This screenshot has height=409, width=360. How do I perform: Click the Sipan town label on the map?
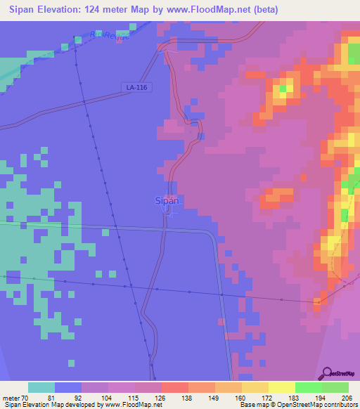point(167,201)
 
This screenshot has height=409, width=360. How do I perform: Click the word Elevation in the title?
point(69,10)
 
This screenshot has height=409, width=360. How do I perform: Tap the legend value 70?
point(27,398)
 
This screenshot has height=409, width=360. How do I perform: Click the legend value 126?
point(161,398)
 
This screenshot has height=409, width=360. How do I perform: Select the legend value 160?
point(241,398)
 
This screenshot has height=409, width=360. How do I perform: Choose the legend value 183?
point(295,398)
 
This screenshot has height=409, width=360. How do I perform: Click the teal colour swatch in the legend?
point(41,387)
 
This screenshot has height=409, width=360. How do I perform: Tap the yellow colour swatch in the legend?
point(281,387)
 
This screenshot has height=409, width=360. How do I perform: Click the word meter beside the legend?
point(12,398)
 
